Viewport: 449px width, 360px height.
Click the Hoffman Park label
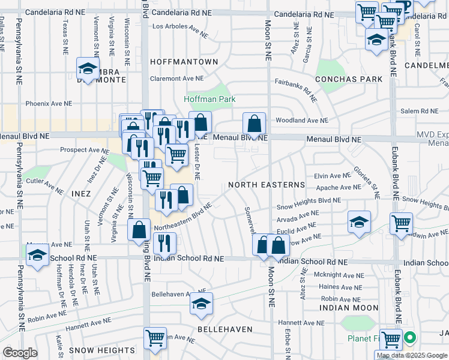click(209, 99)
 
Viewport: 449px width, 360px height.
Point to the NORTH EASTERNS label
click(266, 185)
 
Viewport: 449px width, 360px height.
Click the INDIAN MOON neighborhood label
click(349, 307)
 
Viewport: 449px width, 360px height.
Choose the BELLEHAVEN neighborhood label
click(224, 330)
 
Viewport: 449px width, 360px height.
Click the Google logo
click(20, 353)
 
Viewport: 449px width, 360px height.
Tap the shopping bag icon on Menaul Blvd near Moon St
click(255, 124)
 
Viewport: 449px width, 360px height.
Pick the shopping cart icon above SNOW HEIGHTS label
click(155, 338)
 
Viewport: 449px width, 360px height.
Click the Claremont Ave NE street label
click(177, 78)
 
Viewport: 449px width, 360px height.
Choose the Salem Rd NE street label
click(419, 111)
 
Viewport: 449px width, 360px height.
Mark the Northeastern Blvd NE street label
click(184, 218)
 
